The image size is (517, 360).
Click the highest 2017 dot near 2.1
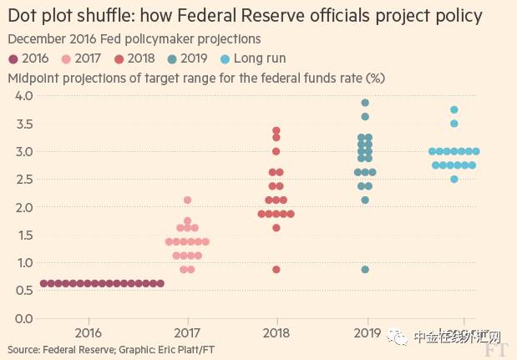(x=188, y=200)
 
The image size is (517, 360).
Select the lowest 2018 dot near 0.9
(x=276, y=270)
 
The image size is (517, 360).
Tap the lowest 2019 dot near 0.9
(x=365, y=270)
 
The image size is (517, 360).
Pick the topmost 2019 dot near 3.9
(x=365, y=103)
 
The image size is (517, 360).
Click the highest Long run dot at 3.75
(x=454, y=109)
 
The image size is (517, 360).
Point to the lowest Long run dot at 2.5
(x=454, y=179)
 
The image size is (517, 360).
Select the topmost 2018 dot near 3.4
(x=276, y=130)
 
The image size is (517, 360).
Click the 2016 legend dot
(x=13, y=58)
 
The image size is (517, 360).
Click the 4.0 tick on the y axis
(x=24, y=96)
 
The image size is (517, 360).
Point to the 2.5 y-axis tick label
(x=24, y=180)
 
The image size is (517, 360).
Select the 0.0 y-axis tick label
(x=24, y=318)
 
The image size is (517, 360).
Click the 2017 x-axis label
(x=187, y=332)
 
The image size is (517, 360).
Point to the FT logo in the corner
(x=499, y=347)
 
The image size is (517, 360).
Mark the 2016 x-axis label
(x=98, y=332)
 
